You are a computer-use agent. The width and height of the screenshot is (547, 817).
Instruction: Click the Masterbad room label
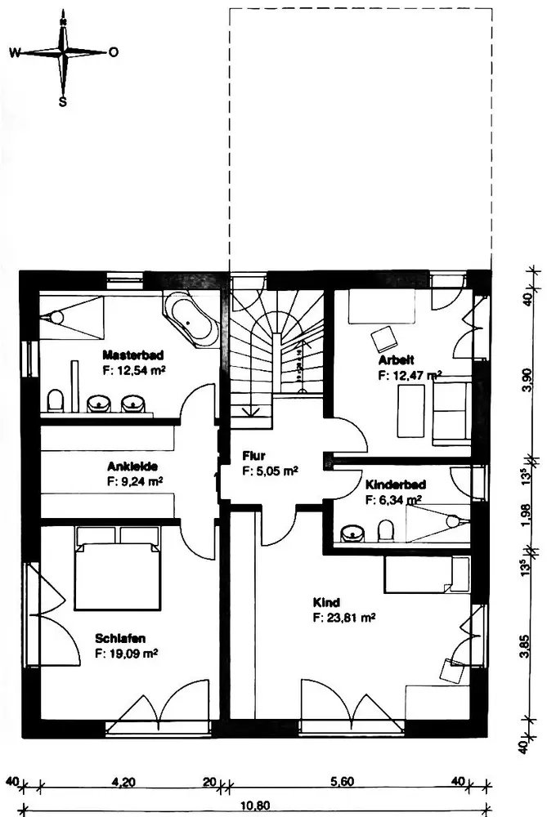[x=134, y=355]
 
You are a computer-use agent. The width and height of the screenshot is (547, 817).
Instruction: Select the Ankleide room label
[x=132, y=467]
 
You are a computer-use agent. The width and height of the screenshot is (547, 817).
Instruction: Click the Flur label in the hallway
[x=253, y=456]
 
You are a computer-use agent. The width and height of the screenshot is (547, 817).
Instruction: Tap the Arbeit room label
[x=397, y=359]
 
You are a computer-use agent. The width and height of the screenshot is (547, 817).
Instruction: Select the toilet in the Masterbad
[x=56, y=401]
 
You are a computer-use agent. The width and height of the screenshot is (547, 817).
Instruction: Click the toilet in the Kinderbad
[x=385, y=532]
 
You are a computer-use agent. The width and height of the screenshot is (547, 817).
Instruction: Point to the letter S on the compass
[x=62, y=102]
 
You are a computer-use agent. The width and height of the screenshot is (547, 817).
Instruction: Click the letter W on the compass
[x=15, y=52]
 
